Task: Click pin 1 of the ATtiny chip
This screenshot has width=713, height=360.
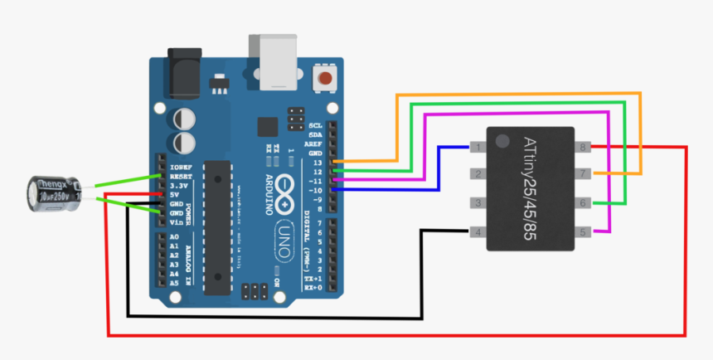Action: pos(477,148)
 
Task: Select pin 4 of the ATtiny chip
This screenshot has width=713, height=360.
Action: pos(477,231)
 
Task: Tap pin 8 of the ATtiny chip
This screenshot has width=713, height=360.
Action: pos(584,148)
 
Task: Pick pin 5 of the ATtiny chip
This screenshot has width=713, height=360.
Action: pos(584,231)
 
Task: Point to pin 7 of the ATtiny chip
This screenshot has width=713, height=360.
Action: pos(584,173)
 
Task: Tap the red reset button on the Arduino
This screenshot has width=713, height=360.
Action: pos(327,79)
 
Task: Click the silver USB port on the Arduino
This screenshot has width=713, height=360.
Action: pos(272,62)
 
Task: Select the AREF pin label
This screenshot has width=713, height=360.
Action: pos(315,143)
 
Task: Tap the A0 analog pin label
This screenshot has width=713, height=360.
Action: pos(174,237)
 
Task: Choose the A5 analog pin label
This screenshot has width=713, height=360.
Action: pos(174,283)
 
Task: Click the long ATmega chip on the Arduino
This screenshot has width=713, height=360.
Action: pos(216,226)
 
